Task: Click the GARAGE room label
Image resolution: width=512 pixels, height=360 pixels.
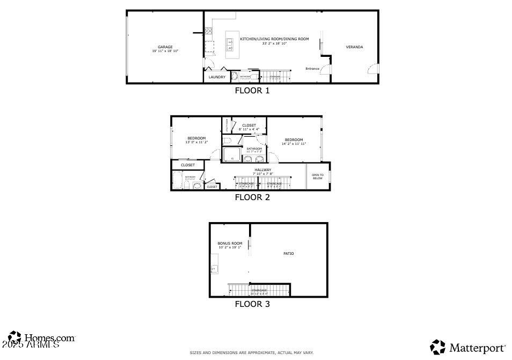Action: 165,47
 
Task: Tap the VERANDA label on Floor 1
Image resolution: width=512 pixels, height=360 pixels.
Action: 354,47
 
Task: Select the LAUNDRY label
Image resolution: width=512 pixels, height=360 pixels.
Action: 217,77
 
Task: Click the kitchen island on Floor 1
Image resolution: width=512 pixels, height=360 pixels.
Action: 231,45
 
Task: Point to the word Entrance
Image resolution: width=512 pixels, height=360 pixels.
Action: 312,69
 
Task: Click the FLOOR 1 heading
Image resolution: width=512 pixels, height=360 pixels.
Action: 252,91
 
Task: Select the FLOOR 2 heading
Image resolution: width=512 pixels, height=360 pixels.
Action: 252,197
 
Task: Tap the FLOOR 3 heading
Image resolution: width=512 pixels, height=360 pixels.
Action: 252,304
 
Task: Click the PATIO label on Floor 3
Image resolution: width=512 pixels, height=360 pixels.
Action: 289,254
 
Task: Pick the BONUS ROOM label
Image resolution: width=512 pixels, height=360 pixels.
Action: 230,244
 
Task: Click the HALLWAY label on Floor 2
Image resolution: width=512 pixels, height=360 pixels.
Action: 263,170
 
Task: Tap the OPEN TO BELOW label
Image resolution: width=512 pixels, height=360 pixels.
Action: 318,177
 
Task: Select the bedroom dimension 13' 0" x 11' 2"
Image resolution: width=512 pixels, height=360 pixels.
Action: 196,142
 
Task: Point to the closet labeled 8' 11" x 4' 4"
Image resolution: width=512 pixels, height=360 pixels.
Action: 249,129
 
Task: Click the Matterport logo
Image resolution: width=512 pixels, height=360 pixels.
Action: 468,347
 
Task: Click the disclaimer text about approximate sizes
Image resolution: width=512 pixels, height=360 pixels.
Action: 251,352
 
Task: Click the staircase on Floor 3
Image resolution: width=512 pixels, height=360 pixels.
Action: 259,290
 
